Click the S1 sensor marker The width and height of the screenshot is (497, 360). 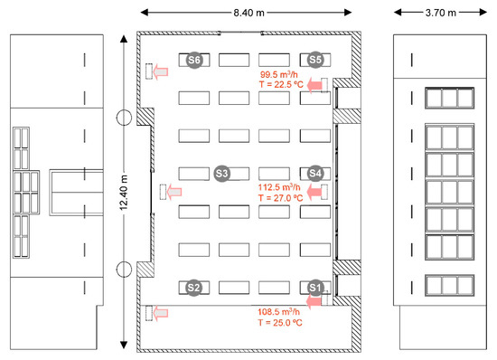[x=314, y=288]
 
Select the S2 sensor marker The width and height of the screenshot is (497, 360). [x=193, y=288]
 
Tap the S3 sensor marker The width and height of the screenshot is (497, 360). [x=222, y=174]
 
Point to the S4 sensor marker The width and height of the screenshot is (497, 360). [x=315, y=173]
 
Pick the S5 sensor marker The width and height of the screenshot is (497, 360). [x=315, y=60]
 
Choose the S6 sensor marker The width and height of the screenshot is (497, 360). [x=194, y=60]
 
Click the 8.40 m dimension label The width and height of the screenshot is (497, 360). [x=248, y=13]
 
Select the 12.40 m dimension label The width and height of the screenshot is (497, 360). [x=124, y=193]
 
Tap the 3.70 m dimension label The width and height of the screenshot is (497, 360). [x=441, y=13]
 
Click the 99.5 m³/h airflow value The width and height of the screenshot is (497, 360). [x=279, y=74]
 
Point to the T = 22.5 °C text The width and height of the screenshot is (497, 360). [x=281, y=84]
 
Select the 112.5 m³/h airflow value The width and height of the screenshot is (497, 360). [x=279, y=187]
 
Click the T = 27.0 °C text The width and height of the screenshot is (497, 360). [x=280, y=198]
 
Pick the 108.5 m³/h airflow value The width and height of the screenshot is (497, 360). [x=278, y=311]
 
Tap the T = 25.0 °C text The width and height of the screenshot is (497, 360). [x=280, y=323]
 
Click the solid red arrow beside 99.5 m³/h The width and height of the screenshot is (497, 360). [x=314, y=85]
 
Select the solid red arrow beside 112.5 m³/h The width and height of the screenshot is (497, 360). [x=314, y=192]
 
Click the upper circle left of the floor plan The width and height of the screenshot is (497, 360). [x=124, y=118]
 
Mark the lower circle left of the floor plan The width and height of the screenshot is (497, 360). [x=124, y=270]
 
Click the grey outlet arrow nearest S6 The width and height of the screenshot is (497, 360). [x=160, y=72]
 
